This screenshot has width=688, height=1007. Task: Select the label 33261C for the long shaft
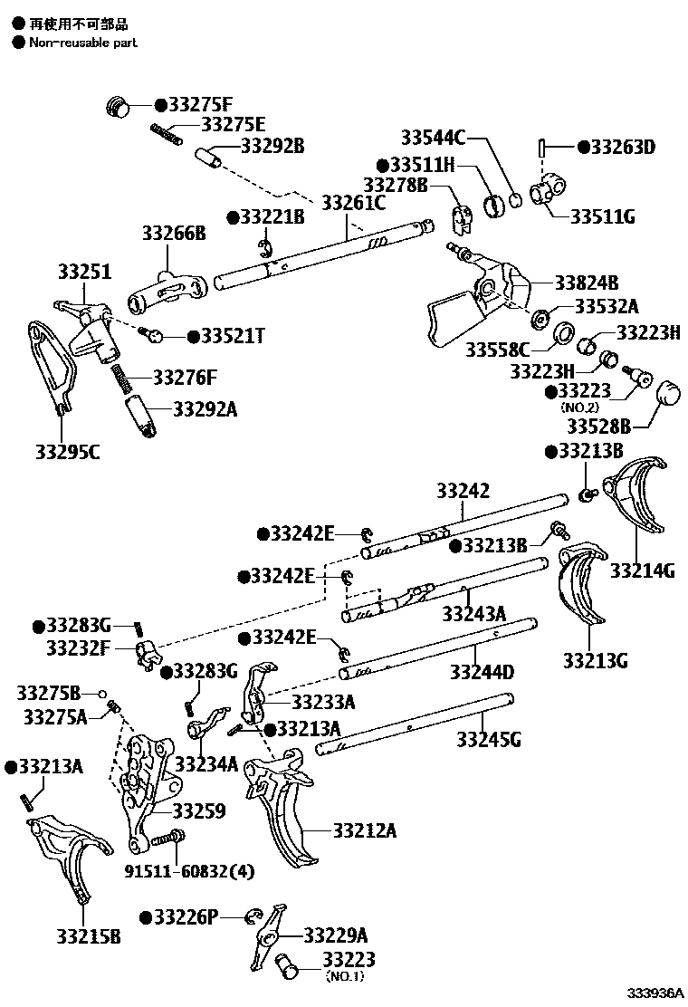point(354,202)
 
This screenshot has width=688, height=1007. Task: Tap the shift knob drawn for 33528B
point(670,395)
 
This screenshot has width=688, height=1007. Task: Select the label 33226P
point(186,916)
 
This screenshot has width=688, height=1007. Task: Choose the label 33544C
point(432,138)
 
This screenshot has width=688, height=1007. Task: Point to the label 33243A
point(473,614)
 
